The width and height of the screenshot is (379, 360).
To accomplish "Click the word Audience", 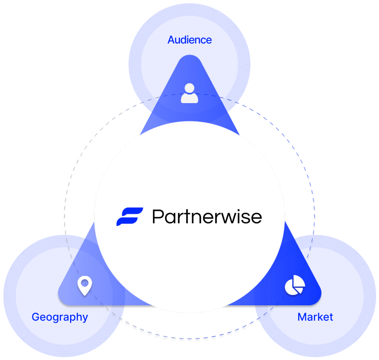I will (x=189, y=40).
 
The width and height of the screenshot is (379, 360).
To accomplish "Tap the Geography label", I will (x=60, y=318).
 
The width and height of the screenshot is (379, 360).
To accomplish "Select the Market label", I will (x=315, y=317).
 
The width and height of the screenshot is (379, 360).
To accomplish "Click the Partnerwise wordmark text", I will (x=207, y=217).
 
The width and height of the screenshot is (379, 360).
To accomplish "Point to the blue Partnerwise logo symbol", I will (x=129, y=217).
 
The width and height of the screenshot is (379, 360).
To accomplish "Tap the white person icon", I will (x=189, y=93).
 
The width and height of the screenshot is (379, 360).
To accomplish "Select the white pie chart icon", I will (x=295, y=285).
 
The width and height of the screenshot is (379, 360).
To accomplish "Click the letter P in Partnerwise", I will (x=158, y=217).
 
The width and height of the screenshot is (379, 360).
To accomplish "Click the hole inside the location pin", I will (x=85, y=283).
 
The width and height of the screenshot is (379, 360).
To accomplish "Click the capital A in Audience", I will (x=171, y=40).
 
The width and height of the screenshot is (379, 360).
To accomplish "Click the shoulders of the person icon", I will (x=189, y=99).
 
